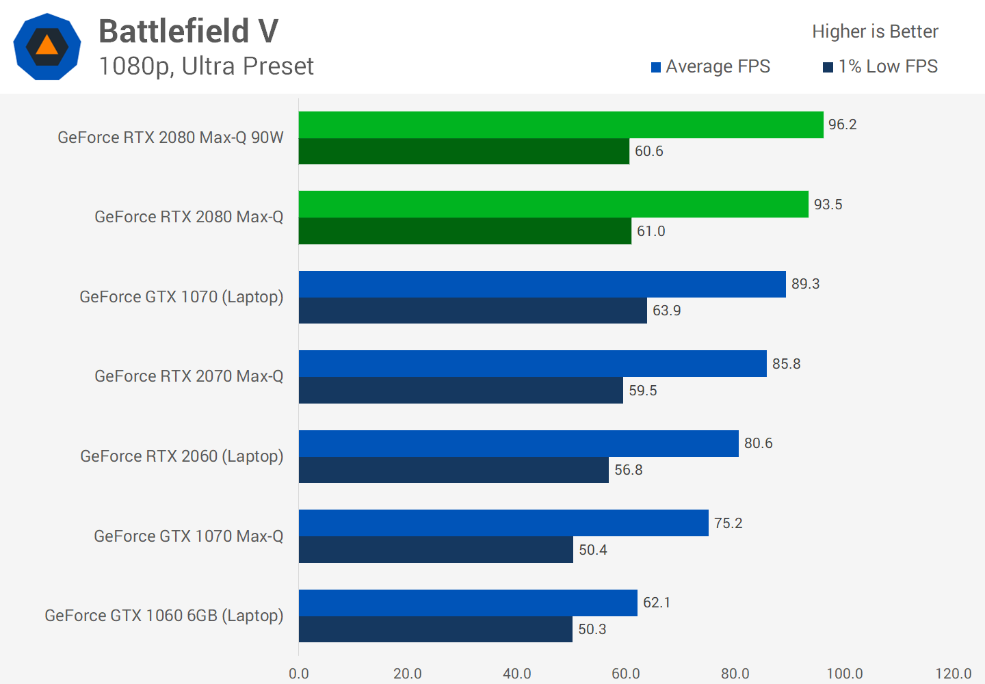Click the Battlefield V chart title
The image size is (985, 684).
pos(188,31)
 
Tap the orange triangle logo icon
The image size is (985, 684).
pos(47,47)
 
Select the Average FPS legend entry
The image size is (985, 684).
pos(711,66)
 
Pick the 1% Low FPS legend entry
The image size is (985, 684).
pos(880,66)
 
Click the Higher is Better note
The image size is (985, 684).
pos(875,31)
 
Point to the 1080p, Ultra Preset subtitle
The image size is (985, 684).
pos(206,66)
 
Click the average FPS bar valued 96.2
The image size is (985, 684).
pos(561,124)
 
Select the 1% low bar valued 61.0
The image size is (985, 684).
pos(465,231)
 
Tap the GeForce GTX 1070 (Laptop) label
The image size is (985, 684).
pos(181,297)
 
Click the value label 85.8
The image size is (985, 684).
pos(786,364)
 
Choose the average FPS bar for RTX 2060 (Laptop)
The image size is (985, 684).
pos(518,443)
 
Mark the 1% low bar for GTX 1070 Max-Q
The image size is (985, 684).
pos(436,550)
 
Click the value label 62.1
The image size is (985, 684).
pos(657,603)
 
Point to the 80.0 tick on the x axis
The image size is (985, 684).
pos(735,674)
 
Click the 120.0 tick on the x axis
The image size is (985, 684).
pos(954,674)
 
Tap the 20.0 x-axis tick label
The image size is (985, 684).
pos(408,674)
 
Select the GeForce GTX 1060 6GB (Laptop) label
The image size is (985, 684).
pos(164,616)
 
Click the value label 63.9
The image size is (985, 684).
pos(666,311)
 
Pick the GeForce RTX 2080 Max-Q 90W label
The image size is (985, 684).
pos(170,137)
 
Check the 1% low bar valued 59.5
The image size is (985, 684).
pos(461,391)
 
